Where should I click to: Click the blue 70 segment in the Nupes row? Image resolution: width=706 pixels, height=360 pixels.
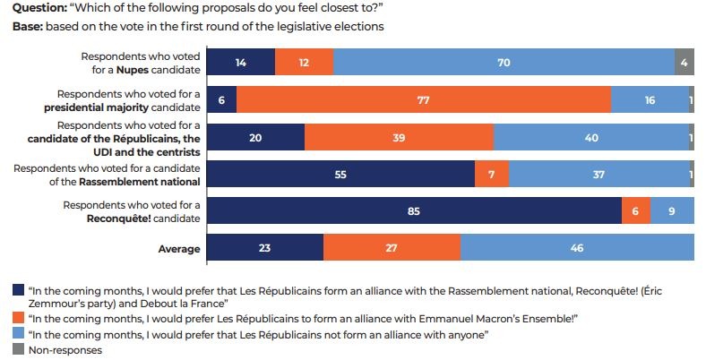pyautogui.click(x=504, y=62)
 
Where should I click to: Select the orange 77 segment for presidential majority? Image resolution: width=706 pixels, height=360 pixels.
pyautogui.click(x=424, y=99)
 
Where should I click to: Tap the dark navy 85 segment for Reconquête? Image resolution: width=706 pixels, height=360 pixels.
pyautogui.click(x=413, y=211)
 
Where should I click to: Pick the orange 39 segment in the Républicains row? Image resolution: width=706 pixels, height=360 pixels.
pyautogui.click(x=399, y=136)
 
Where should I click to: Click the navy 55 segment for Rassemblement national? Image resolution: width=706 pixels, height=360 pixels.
pyautogui.click(x=340, y=174)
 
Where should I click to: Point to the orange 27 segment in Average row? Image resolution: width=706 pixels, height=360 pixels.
pyautogui.click(x=392, y=248)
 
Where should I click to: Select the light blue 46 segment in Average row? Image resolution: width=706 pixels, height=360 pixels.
pyautogui.click(x=577, y=248)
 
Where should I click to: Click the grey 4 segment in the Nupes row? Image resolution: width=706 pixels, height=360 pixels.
pyautogui.click(x=684, y=62)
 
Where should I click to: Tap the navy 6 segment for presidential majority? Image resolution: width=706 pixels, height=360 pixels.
pyautogui.click(x=221, y=99)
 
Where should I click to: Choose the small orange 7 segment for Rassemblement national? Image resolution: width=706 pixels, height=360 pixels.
pyautogui.click(x=491, y=174)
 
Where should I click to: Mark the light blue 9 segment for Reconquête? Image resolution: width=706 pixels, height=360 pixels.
pyautogui.click(x=672, y=211)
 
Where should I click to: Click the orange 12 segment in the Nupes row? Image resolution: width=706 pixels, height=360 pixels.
pyautogui.click(x=304, y=62)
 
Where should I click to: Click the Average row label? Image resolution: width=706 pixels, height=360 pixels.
pyautogui.click(x=181, y=249)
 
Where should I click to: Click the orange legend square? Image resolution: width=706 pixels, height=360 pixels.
pyautogui.click(x=19, y=318)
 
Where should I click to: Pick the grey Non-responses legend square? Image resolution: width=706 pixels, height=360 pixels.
pyautogui.click(x=19, y=349)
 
